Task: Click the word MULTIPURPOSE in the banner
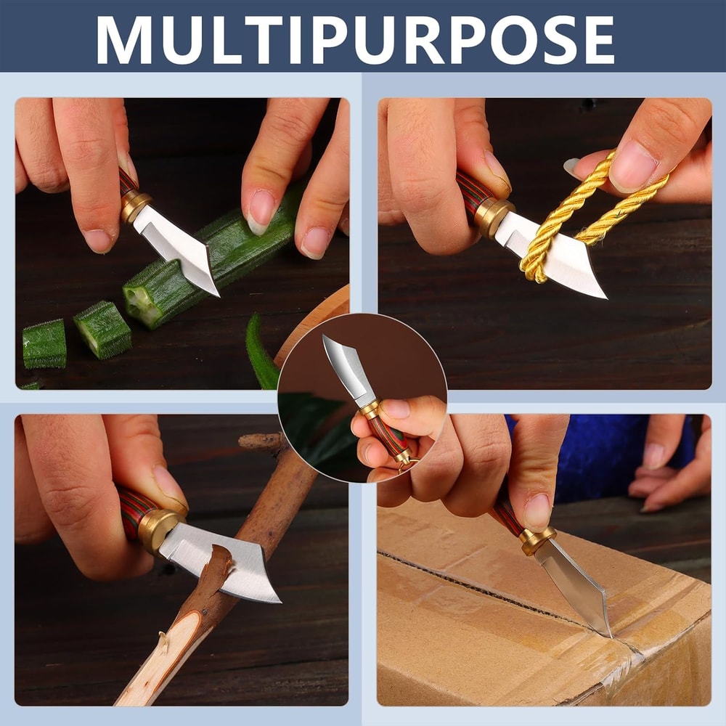[x=355, y=39]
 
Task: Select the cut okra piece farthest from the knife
[x=44, y=343]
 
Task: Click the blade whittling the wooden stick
[x=222, y=563]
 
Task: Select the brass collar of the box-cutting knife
[x=537, y=540]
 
